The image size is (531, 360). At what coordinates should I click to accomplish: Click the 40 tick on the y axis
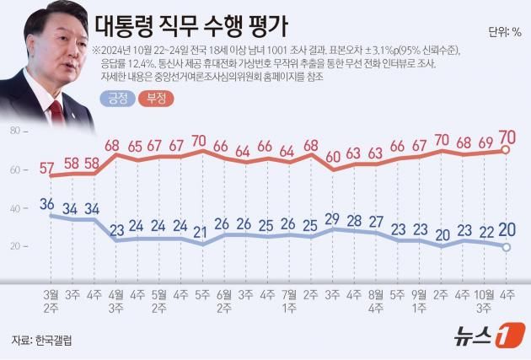[x=14, y=208]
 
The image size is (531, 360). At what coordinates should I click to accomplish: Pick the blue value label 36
[x=48, y=203]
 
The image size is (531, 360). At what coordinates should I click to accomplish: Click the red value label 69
[x=485, y=143]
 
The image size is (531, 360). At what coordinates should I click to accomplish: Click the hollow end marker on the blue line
[x=507, y=247]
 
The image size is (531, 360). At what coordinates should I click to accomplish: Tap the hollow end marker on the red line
[x=507, y=150]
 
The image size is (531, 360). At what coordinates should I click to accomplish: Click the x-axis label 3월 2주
[x=51, y=302]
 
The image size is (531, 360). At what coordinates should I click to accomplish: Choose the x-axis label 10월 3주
[x=485, y=302]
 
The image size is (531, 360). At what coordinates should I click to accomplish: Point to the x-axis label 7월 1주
[x=288, y=302]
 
